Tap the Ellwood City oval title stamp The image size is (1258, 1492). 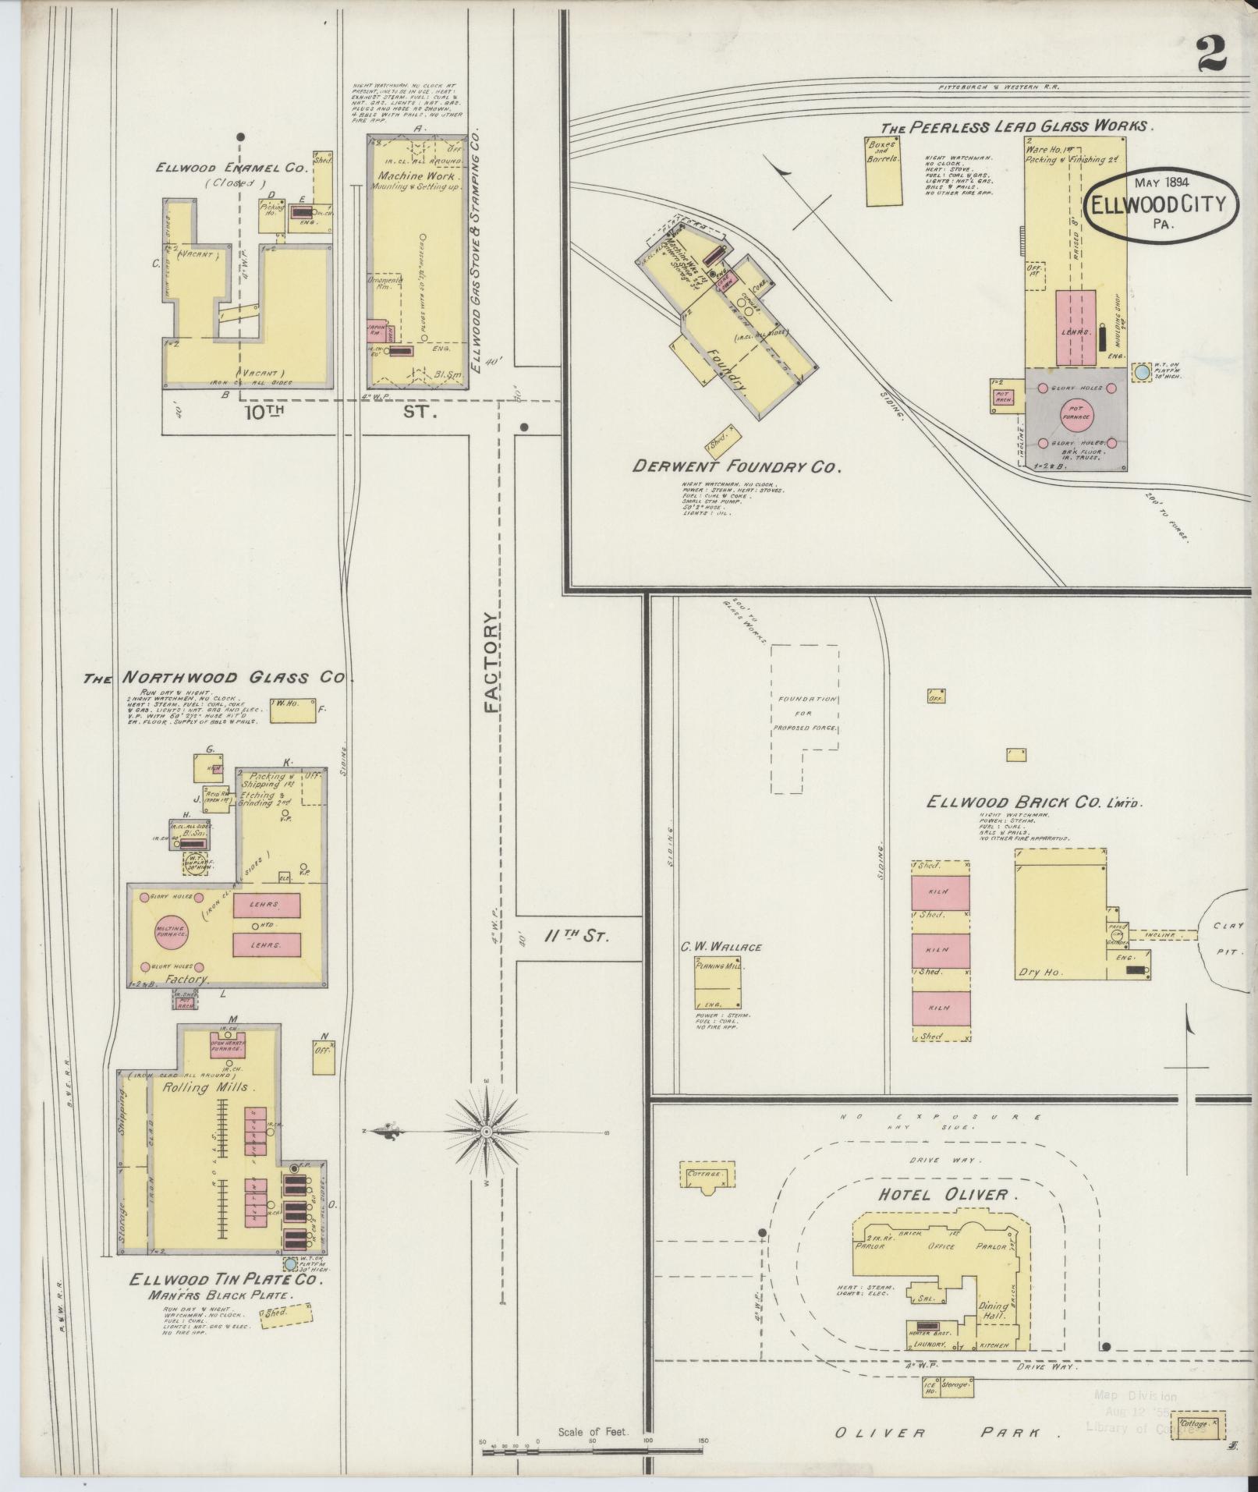click(1161, 203)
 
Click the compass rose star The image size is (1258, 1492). click(487, 1130)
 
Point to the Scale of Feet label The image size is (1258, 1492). click(593, 1432)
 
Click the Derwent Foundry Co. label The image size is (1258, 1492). click(737, 466)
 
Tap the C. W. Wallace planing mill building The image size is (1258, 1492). click(718, 983)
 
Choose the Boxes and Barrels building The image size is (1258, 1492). click(883, 172)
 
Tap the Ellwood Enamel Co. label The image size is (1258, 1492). click(232, 167)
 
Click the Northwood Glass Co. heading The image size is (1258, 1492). click(214, 678)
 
